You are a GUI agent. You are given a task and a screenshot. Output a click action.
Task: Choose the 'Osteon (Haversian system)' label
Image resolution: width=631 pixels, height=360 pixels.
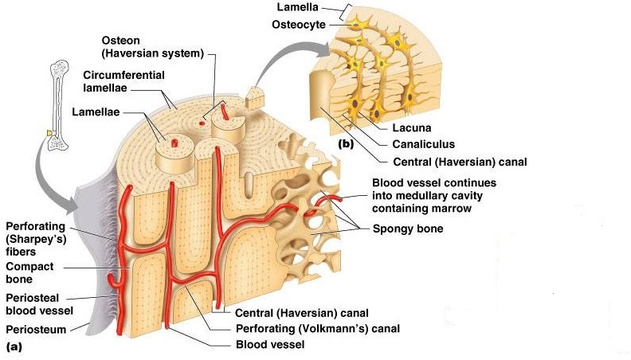152,46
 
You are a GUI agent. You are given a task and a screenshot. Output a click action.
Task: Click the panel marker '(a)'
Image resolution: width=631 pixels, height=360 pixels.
14,346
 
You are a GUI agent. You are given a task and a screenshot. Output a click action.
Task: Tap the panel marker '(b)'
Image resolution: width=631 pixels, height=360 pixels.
345,144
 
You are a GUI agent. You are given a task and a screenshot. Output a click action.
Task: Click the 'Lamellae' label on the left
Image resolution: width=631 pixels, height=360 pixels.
96,112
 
